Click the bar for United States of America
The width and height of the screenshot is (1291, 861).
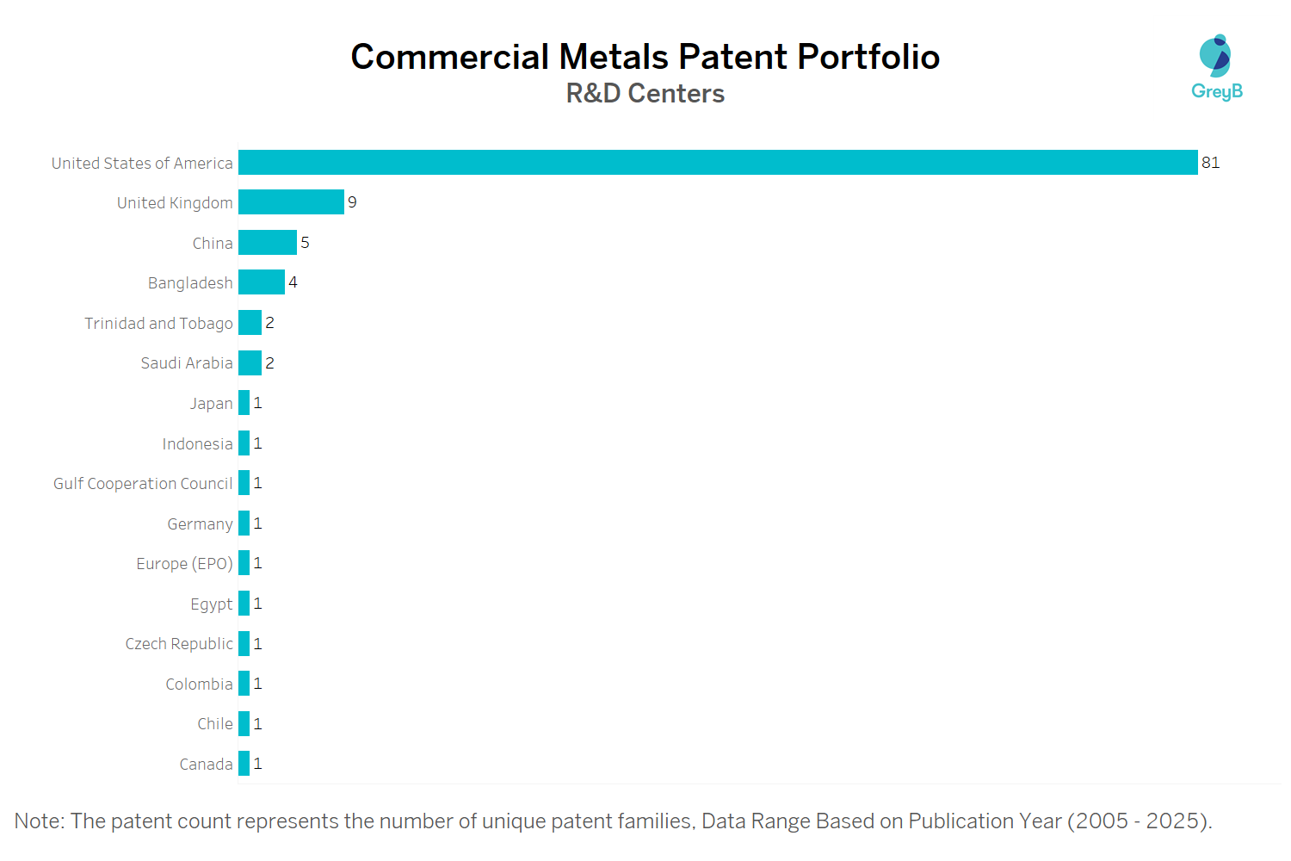718,163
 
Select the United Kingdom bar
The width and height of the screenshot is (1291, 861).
291,202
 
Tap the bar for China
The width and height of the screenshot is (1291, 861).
268,243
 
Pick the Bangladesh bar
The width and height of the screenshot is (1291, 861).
262,282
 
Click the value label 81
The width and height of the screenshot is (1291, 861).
1210,163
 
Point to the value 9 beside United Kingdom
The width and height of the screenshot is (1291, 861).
352,202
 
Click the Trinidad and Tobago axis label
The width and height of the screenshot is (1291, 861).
158,324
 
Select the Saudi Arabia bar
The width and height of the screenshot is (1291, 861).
250,363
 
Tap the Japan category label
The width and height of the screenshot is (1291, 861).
211,404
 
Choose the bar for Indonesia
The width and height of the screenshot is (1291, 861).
244,443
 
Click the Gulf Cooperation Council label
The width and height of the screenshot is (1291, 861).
143,484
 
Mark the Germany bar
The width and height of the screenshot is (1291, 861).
244,523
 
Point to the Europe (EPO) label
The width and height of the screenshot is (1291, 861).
184,564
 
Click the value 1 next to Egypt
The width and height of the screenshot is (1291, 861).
257,604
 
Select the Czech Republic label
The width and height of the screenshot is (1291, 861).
179,644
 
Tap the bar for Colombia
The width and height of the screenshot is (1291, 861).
244,684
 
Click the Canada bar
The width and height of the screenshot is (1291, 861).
244,764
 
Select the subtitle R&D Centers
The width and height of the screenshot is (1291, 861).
645,93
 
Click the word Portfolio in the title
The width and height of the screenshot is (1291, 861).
868,57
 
